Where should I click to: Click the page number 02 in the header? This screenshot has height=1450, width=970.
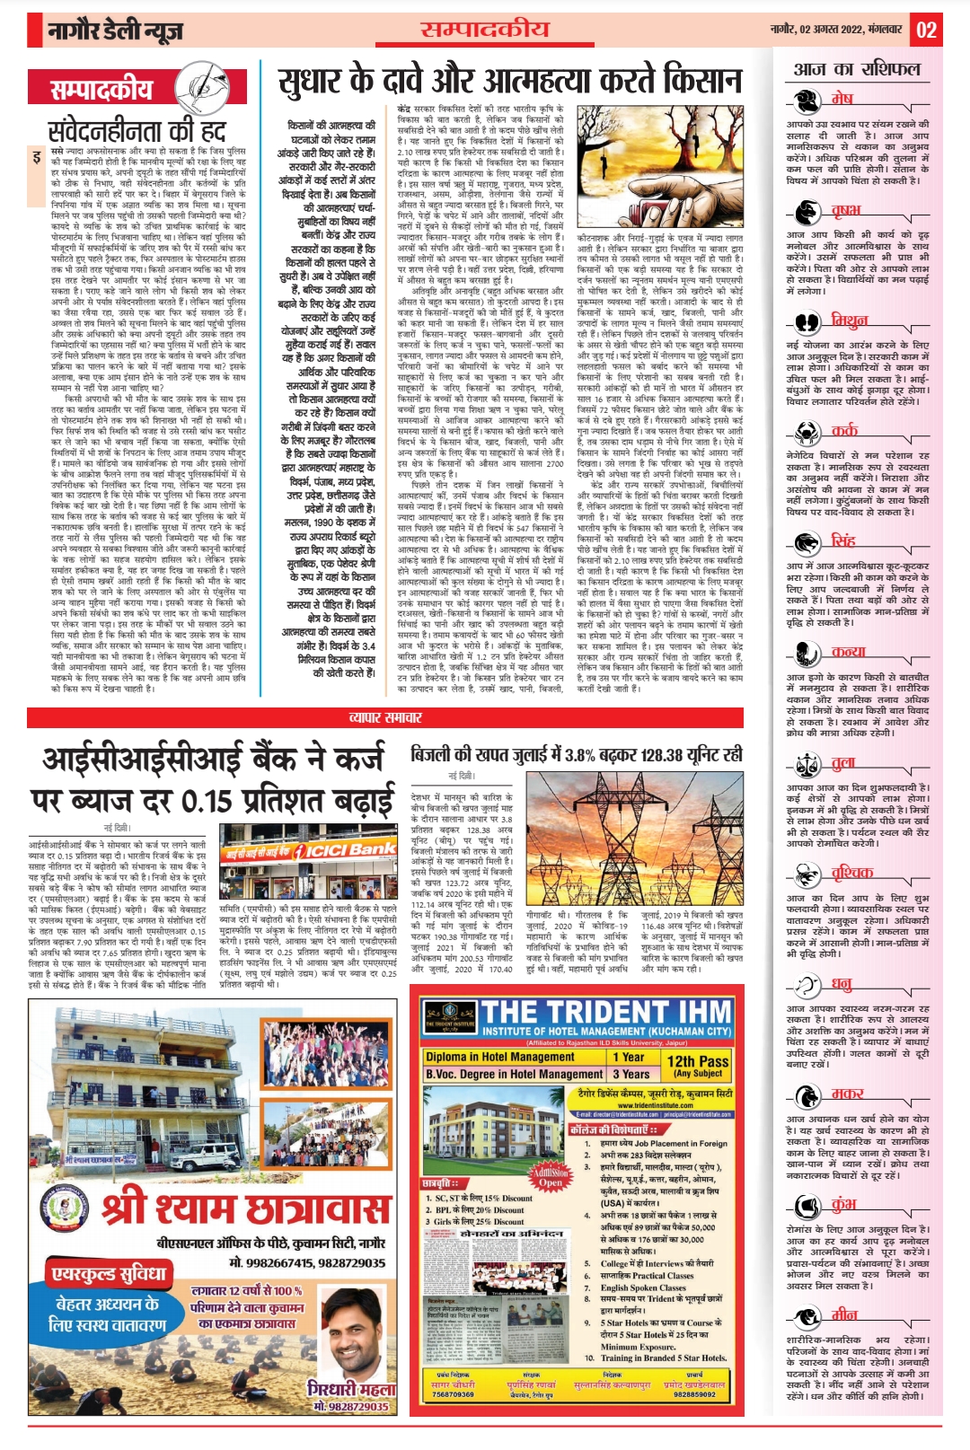(926, 31)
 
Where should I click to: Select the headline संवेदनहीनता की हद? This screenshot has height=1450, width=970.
(136, 131)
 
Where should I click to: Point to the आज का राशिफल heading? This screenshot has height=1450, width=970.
(857, 69)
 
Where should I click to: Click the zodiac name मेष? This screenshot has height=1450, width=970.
(842, 99)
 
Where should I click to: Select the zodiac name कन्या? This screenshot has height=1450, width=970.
(848, 652)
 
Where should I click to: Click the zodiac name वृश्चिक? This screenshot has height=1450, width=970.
(851, 873)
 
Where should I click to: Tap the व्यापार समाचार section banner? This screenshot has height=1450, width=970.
(385, 717)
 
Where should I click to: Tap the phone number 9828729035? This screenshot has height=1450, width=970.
(351, 1407)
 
